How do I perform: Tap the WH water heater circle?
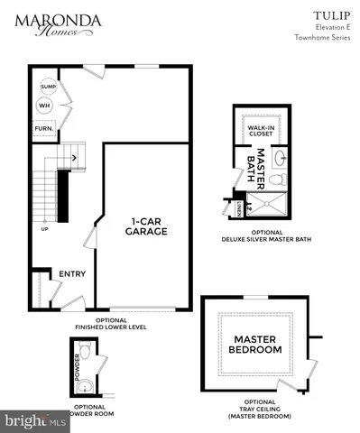(x=43, y=106)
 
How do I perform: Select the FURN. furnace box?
(x=43, y=128)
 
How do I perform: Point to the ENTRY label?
(x=71, y=274)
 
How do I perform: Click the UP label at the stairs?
(x=43, y=228)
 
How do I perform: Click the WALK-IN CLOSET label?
(x=262, y=132)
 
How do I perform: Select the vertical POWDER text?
(x=78, y=370)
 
